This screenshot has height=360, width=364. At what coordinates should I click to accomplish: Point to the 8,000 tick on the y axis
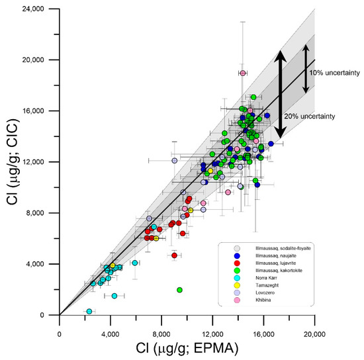coord(58,212)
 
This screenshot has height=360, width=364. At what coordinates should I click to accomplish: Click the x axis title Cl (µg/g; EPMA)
coord(187,346)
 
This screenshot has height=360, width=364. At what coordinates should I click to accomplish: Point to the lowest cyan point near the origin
coord(89,311)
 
